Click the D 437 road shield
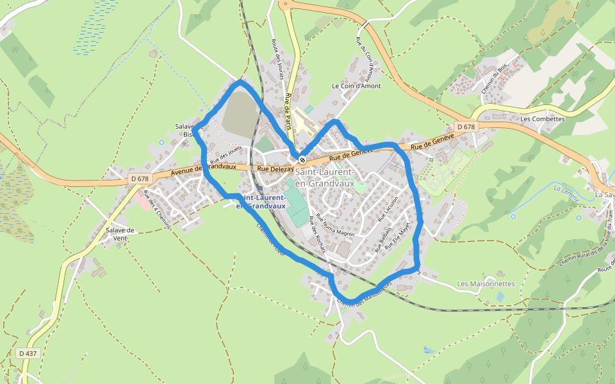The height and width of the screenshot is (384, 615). (28, 353)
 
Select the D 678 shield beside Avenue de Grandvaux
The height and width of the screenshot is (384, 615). (139, 179)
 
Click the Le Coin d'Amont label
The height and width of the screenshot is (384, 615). (356, 86)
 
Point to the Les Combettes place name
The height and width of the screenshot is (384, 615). (543, 118)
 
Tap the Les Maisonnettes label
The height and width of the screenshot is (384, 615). (486, 284)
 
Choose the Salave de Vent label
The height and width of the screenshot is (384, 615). (120, 234)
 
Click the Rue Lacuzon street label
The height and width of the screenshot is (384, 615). (388, 208)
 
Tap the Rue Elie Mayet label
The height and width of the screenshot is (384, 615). (397, 237)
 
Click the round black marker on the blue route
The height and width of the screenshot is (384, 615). (302, 159)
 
